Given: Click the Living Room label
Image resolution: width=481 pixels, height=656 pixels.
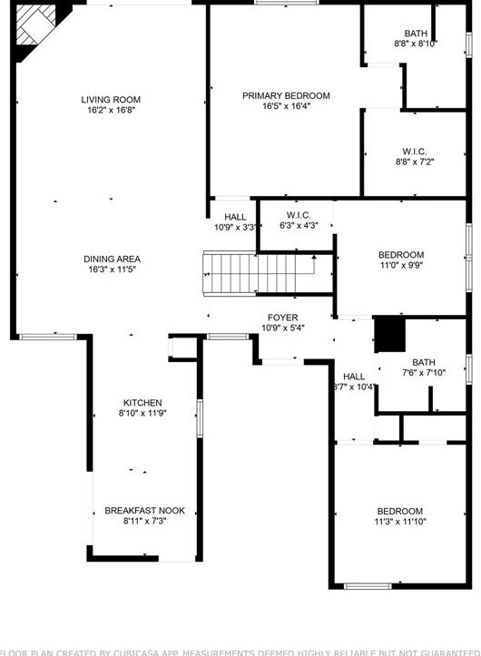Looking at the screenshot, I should click(111, 100).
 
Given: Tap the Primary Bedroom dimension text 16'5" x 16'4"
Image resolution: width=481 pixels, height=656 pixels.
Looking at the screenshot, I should click(286, 106).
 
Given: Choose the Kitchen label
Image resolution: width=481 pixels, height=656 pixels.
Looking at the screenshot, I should click(142, 403).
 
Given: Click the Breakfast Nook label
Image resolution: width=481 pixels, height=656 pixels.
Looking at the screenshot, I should click(144, 511).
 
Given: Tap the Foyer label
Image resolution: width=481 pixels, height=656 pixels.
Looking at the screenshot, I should click(282, 318).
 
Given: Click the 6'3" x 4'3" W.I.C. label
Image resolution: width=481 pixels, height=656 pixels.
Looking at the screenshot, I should click(299, 215).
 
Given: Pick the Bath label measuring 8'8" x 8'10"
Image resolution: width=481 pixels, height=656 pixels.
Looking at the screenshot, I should click(416, 34).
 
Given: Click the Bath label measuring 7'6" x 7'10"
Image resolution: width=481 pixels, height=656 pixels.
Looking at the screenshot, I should click(424, 362).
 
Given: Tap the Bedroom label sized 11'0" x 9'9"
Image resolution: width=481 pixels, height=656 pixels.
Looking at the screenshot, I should click(401, 255).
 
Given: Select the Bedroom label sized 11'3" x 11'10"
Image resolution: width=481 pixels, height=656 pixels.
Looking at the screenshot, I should click(400, 511).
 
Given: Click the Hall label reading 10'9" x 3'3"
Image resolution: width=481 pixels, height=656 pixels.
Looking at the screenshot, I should click(235, 217).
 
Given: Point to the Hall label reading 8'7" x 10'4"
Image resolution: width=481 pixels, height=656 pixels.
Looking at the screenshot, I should click(354, 377).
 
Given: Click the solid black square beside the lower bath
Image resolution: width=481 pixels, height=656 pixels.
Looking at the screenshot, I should click(389, 333).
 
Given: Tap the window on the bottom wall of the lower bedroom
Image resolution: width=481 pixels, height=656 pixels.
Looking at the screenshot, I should click(368, 586).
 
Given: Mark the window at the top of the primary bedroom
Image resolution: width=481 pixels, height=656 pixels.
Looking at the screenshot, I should click(280, 3).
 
